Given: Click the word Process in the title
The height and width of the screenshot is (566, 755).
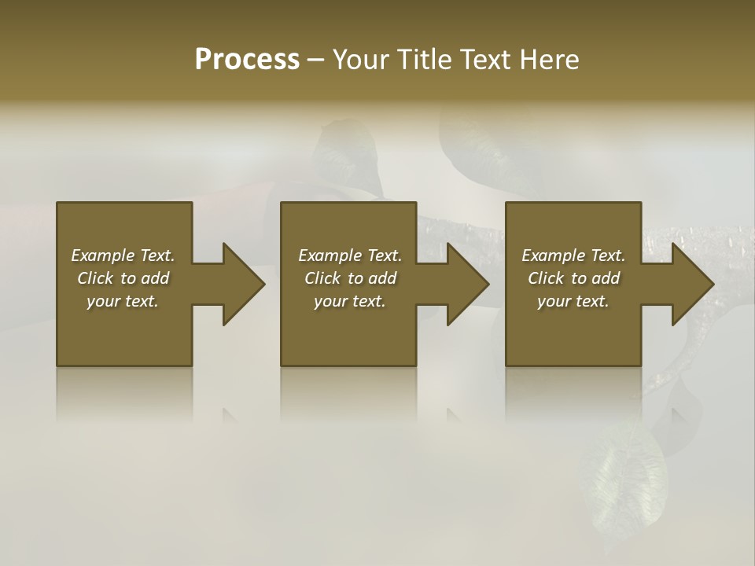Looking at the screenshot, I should pos(247,60).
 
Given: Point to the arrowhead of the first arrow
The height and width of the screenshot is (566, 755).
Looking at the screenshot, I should pos(243,284).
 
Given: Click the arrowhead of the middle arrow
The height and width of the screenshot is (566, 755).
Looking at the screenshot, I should pos(468,284).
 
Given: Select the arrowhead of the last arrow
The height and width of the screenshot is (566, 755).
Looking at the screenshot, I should pos(692,284).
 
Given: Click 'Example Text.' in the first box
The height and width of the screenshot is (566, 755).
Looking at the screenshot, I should pos(123,255).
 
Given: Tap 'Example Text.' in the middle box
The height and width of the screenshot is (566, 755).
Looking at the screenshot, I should pos(350,255).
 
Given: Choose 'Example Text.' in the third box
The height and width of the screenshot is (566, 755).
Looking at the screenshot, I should pos(573,255).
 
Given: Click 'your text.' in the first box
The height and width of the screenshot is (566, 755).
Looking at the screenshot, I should pos(123,301).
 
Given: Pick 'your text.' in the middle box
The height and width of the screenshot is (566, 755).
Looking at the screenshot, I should pos(350,301).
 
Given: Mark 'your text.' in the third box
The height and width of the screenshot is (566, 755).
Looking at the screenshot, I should pos(573,301).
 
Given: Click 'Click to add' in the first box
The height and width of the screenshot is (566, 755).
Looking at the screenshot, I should pos(123,278).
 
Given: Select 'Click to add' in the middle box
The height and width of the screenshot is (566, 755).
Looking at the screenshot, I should pos(350,278).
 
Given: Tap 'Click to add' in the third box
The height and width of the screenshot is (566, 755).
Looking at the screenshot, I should pos(573,278).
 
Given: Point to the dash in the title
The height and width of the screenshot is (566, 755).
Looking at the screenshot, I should pos(315,61).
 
